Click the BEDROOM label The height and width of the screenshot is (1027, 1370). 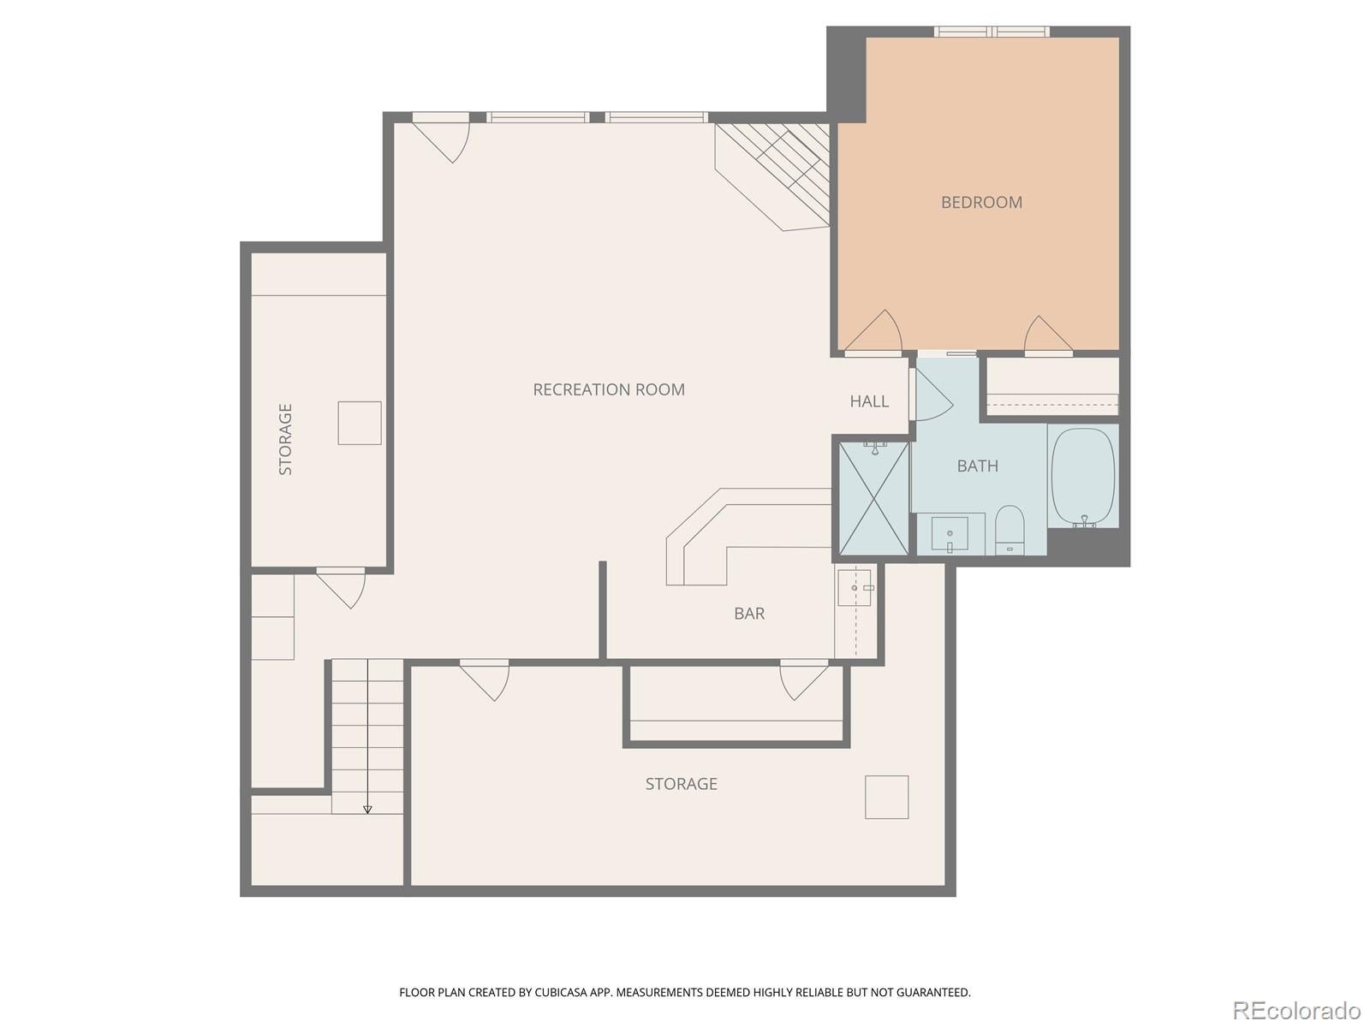pos(981,203)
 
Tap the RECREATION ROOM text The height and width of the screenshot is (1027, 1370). pos(609,390)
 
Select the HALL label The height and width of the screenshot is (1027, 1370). pos(869,401)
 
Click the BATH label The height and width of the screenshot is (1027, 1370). pos(977,466)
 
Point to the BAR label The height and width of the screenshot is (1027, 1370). pos(749,614)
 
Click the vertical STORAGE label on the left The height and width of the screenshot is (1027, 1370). pos(286,439)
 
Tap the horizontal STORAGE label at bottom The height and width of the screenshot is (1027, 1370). pos(682,784)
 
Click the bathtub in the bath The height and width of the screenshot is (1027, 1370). pos(1083,476)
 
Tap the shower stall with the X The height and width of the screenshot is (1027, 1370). pos(873,499)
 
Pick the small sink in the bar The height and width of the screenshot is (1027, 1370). pos(855,588)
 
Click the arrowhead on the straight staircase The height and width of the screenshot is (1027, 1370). pos(367,809)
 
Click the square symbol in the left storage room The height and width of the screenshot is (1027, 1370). pos(360,423)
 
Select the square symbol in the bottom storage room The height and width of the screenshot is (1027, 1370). pos(886,798)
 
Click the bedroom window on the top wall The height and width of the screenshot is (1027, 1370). pos(992,32)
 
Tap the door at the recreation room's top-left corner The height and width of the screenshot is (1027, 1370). pos(443,138)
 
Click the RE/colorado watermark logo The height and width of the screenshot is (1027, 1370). pos(1296,1011)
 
